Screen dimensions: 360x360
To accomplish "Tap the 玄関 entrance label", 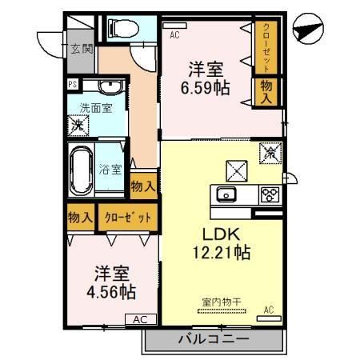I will coord(81,48).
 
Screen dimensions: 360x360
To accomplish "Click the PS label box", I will coord(72,84).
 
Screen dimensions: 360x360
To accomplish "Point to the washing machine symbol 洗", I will coord(77,125).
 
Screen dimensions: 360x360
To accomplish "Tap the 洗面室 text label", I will coord(94,107).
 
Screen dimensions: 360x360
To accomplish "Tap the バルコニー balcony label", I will coord(211,339).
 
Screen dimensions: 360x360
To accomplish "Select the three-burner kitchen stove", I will coord(268,194).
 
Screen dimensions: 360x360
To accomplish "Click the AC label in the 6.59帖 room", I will coord(174,35).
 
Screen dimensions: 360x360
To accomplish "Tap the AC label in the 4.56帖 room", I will coord(139,319).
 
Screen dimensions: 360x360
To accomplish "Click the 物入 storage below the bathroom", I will coord(142,186).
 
